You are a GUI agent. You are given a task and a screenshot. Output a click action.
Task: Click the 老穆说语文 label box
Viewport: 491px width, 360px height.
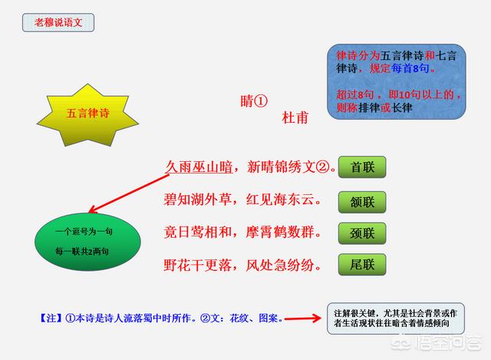tap(58, 22)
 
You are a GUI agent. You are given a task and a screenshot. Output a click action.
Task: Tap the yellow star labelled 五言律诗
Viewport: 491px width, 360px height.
tap(88, 114)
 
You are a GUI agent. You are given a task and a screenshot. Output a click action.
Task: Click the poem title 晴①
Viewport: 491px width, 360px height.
tap(254, 101)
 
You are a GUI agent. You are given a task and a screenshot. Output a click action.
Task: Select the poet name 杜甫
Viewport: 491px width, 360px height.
tap(295, 117)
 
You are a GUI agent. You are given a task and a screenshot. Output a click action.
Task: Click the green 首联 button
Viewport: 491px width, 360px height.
tap(362, 167)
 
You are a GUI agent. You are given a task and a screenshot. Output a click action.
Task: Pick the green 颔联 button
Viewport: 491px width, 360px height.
tap(362, 202)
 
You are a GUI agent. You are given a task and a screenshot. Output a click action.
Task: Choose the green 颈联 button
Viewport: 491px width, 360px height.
tap(362, 233)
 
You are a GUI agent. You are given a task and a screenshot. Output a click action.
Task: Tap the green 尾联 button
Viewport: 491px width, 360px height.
tap(362, 265)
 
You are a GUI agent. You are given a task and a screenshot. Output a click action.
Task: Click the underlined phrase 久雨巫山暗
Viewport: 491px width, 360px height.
tap(199, 167)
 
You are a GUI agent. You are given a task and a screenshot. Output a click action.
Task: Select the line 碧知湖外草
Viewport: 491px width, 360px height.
tap(198, 200)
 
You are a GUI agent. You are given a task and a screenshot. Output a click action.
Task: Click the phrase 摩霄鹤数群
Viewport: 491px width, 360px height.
tap(280, 232)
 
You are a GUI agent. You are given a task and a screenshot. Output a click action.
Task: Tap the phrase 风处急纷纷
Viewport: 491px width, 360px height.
tap(280, 266)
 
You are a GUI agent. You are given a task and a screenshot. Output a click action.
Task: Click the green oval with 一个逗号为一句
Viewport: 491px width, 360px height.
tap(87, 242)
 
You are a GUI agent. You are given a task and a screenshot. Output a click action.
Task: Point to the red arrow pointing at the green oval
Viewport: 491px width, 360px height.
tap(129, 193)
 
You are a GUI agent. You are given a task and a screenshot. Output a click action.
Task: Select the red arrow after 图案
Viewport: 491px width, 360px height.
tap(303, 319)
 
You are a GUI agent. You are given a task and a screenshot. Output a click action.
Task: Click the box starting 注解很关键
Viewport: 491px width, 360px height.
tap(396, 319)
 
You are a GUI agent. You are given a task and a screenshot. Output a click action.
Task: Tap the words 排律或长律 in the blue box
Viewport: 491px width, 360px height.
tap(385, 107)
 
